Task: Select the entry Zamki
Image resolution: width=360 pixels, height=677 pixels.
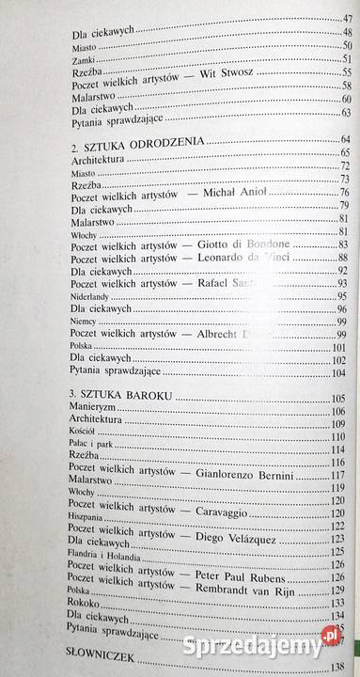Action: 83,58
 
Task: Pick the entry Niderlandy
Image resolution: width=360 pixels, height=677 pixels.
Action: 91,295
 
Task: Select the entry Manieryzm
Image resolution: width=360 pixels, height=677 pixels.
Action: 96,412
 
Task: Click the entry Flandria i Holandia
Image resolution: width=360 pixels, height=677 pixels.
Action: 102,566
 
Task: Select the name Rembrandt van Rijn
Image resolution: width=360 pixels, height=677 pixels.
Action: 247,590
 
